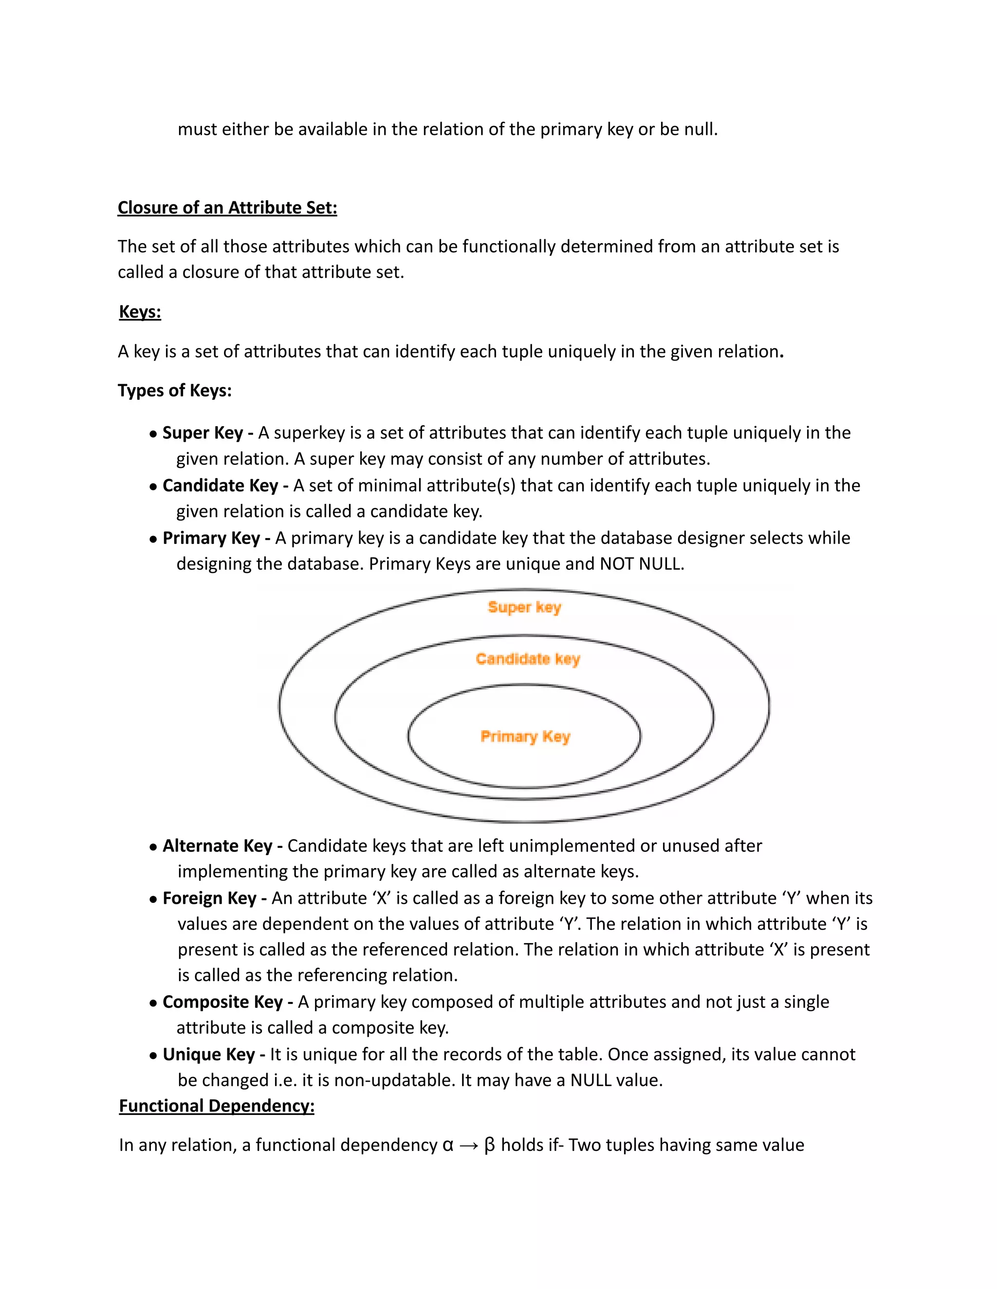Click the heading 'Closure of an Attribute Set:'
227,208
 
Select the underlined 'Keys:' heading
140,312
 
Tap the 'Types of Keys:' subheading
174,391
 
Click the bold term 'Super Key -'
208,432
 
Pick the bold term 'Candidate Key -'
225,485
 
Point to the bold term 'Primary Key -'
216,537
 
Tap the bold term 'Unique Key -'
213,1055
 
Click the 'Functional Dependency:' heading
217,1106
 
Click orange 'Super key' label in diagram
524,608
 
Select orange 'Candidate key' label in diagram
527,659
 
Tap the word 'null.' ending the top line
701,129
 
